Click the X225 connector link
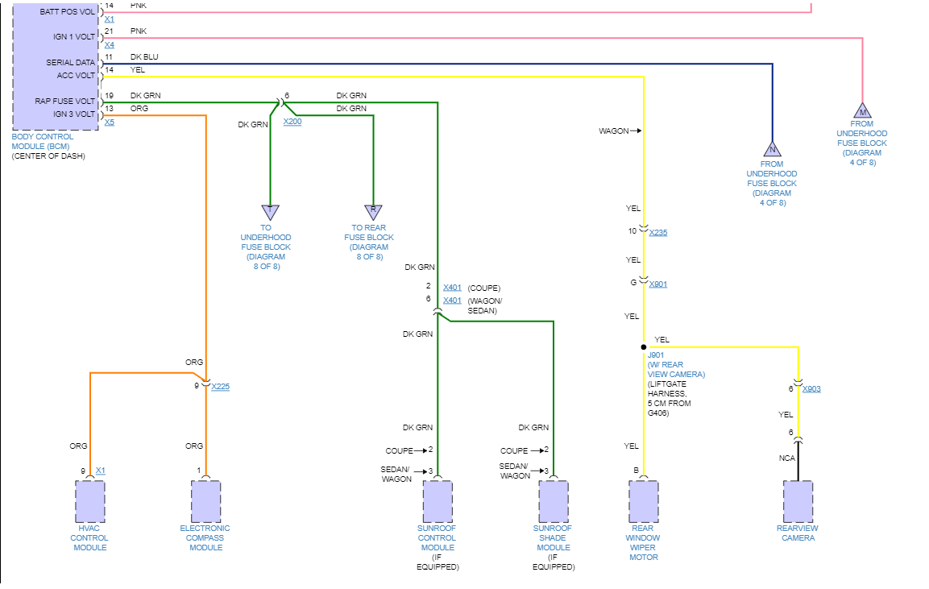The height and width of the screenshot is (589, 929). pos(220,387)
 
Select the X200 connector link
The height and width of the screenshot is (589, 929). pos(292,121)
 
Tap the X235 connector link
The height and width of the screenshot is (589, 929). pos(657,233)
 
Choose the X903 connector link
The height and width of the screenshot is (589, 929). pos(811,389)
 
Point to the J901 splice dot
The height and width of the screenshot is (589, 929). pos(643,347)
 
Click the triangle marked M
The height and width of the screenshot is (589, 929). pos(862,111)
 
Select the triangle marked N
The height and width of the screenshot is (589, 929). pos(772,150)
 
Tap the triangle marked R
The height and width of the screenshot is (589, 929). pos(372,212)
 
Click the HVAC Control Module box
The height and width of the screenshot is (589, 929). pos(89,501)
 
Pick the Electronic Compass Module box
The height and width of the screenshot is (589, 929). pos(205,501)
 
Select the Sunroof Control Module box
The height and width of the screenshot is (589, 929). pos(438,501)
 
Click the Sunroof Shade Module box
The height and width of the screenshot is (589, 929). pos(553,501)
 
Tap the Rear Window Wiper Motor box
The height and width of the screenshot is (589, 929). pos(643,501)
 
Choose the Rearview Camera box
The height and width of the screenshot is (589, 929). pos(798,501)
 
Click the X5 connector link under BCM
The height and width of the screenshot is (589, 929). pos(110,122)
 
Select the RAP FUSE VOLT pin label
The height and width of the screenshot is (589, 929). pos(64,101)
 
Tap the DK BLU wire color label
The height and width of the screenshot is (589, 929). pos(144,57)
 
